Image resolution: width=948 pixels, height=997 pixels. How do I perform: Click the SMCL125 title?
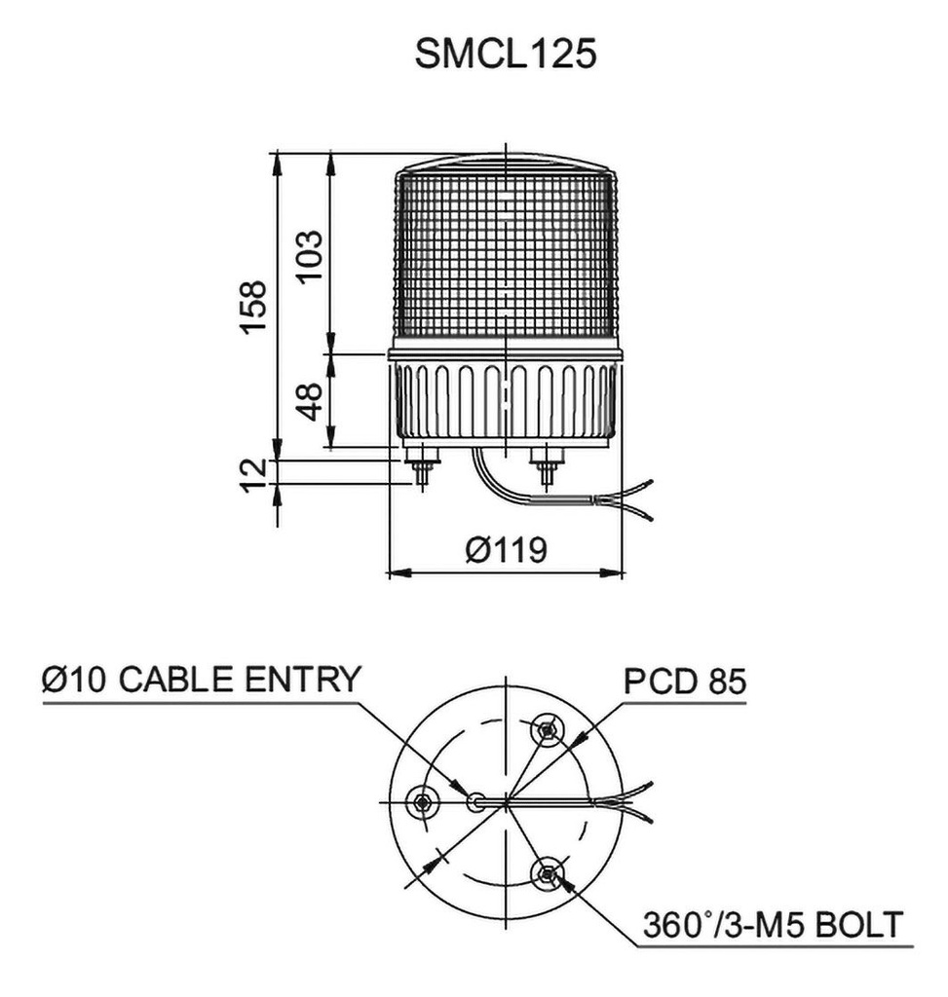click(505, 55)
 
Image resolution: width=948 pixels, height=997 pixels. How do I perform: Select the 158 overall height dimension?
click(254, 307)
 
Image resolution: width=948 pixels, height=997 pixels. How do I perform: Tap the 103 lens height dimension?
click(309, 255)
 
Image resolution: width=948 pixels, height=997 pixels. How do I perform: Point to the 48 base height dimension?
click(309, 401)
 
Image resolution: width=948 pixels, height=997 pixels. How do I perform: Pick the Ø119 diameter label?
click(506, 550)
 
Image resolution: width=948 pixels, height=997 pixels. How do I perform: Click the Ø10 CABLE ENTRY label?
click(202, 679)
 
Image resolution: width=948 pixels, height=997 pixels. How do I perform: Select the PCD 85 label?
click(685, 682)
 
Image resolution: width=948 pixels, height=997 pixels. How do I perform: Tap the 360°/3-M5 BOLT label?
click(773, 923)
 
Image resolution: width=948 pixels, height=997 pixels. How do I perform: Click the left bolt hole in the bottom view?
click(423, 801)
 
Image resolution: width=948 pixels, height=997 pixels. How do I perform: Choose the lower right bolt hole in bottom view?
click(548, 873)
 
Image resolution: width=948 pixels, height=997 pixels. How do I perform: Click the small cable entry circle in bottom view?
click(475, 801)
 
